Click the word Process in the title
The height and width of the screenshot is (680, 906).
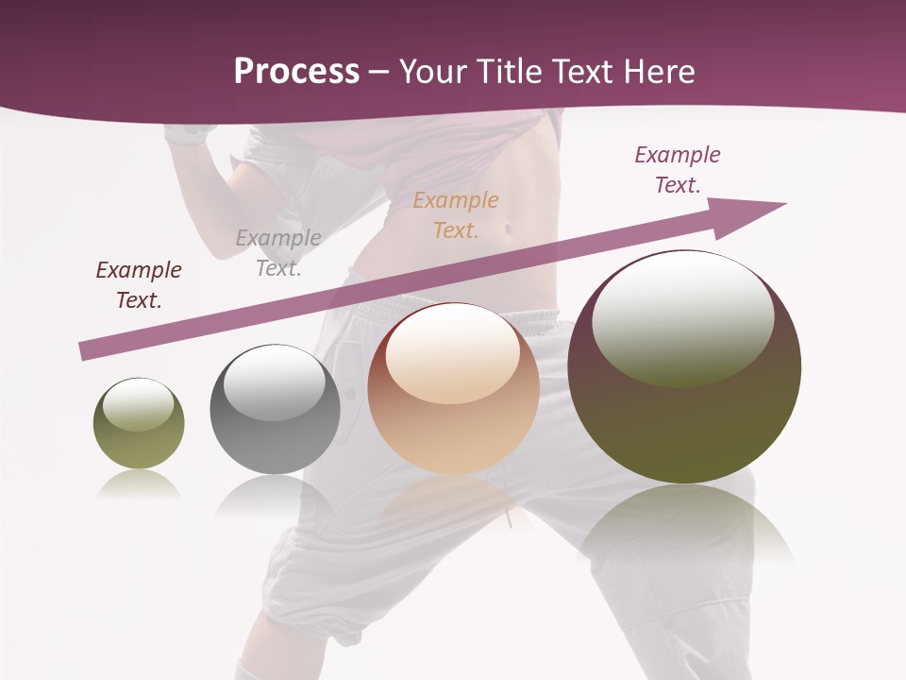point(296,72)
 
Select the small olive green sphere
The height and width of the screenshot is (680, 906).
point(139,423)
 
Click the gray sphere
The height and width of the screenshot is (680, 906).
point(275,409)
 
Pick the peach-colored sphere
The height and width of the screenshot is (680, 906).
point(453,388)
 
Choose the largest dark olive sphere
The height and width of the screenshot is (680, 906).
point(684,366)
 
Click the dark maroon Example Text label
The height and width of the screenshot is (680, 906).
point(139,285)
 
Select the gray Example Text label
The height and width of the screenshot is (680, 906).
point(278,252)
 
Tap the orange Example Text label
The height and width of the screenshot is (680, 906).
point(456,214)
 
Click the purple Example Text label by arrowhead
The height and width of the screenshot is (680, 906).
point(678,170)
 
